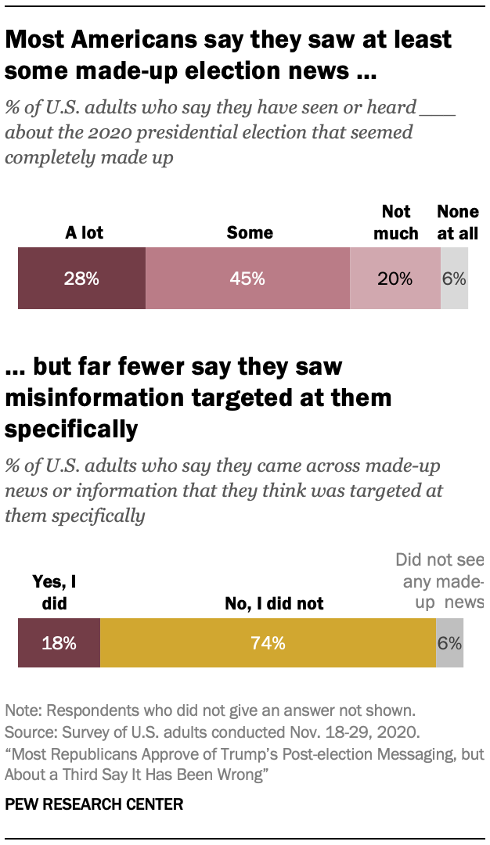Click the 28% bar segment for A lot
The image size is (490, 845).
[81, 278]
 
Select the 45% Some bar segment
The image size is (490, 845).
[247, 278]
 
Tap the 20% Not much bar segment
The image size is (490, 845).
[395, 278]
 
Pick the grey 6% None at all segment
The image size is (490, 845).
[454, 278]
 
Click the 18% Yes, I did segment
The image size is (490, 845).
[59, 643]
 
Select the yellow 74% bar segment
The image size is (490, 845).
[268, 643]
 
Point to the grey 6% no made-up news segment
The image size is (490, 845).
[449, 643]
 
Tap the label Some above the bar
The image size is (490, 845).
[250, 232]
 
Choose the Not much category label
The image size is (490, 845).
[395, 222]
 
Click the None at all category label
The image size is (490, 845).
[458, 222]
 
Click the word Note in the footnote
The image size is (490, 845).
[21, 711]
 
